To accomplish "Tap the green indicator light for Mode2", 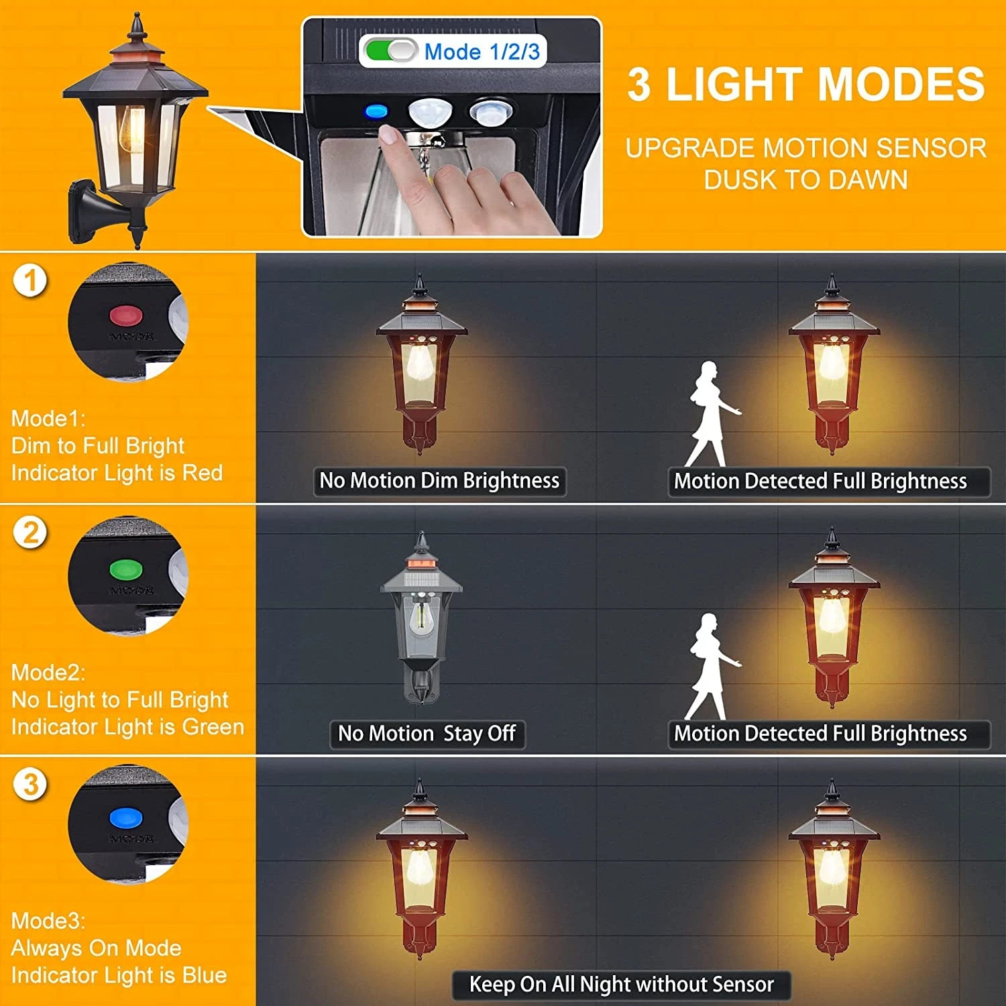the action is (x=126, y=570).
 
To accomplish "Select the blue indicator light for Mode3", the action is (x=126, y=819).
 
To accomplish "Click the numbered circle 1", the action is (x=30, y=280).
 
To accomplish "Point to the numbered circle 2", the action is (x=30, y=533).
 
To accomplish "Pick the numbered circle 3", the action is (x=30, y=785).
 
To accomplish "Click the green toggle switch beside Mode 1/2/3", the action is (x=391, y=51).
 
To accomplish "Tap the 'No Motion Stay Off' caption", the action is (x=427, y=734).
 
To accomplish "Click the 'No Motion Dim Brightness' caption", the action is (x=439, y=481).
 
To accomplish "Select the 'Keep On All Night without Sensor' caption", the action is (x=622, y=985).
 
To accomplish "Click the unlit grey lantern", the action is (x=421, y=617).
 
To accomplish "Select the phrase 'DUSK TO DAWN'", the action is (x=805, y=180).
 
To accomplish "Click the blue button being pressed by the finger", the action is (x=376, y=111).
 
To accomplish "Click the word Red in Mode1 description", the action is (x=203, y=473).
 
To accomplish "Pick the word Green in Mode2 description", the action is (x=213, y=727).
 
